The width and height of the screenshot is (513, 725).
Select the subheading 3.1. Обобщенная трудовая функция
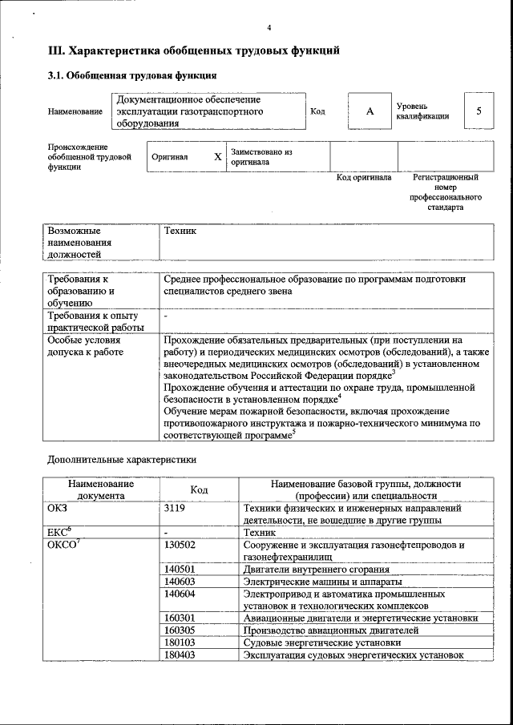tap(131, 77)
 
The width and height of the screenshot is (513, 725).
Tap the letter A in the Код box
tap(370, 111)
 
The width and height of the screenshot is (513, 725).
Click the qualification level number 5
tap(479, 111)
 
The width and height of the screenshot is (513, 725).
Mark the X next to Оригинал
tap(217, 157)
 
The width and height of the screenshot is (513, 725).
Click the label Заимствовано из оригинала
tap(261, 156)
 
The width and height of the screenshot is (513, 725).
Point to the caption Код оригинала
tap(363, 178)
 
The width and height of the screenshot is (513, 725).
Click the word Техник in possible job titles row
tap(180, 231)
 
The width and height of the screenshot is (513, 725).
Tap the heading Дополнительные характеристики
tap(121, 461)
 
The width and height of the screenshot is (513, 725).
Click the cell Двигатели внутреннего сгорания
tap(310, 570)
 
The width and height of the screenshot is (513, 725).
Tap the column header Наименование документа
tap(101, 489)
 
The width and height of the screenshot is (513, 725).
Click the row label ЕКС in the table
tap(59, 531)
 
